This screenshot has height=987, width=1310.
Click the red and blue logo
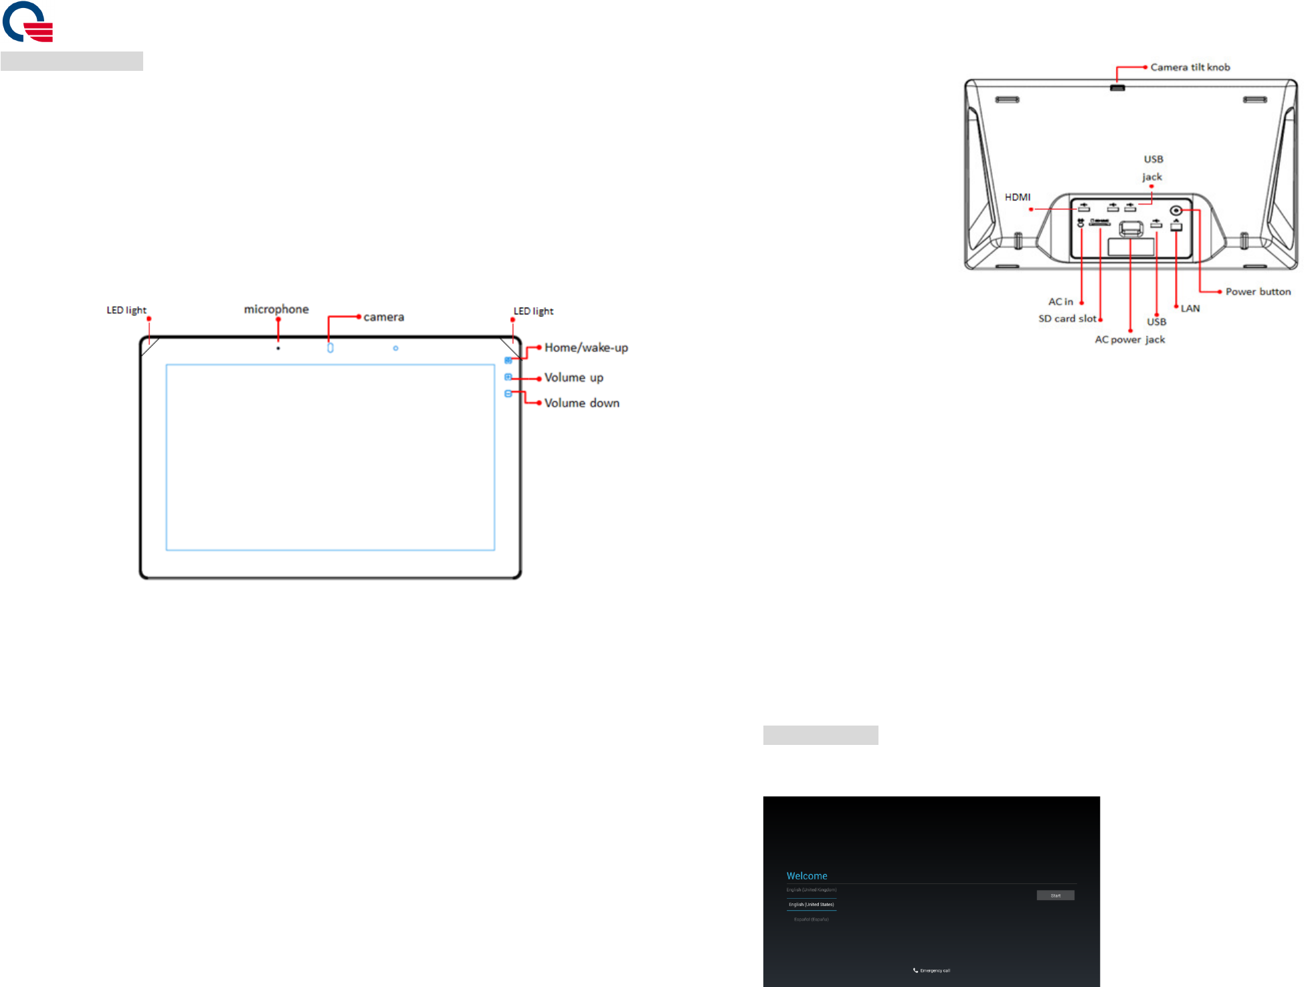point(27,22)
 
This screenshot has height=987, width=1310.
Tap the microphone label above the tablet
point(276,310)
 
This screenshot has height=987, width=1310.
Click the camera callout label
point(383,317)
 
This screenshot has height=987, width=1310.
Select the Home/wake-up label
point(586,348)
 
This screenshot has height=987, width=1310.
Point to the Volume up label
point(573,378)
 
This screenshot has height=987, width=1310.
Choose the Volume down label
point(581,403)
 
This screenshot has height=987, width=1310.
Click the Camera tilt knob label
point(1190,68)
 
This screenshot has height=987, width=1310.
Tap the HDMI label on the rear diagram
point(1017,197)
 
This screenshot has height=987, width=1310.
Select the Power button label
point(1258,292)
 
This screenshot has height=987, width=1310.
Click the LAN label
point(1190,308)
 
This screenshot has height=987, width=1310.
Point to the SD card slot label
point(1067,319)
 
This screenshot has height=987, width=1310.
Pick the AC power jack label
point(1129,340)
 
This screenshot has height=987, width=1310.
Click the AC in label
point(1060,302)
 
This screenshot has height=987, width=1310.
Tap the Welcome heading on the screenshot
point(807,876)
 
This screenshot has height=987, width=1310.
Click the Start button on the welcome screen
point(1055,895)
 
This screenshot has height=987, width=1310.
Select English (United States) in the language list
point(811,905)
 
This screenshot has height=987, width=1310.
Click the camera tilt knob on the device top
point(1117,88)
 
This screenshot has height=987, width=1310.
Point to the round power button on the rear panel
point(1176,211)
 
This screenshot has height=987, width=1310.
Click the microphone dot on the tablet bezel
point(278,348)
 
